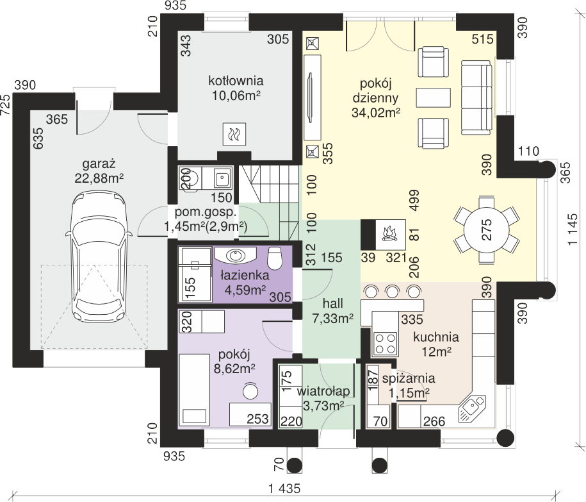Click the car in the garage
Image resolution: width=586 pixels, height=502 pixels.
coord(99,259)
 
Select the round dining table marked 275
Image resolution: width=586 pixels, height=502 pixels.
coord(487,229)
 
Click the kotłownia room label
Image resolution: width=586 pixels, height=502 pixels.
coord(236,80)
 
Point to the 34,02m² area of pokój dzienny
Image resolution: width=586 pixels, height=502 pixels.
coord(375,112)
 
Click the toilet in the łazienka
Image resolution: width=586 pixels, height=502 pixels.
coord(275,258)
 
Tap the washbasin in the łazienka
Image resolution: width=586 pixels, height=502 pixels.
coord(236,255)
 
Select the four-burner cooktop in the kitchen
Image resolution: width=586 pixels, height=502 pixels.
coord(386,343)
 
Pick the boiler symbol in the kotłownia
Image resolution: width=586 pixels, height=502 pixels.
coord(234,134)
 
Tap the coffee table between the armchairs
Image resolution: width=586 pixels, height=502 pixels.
coord(433,97)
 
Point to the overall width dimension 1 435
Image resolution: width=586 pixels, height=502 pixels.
coord(284,489)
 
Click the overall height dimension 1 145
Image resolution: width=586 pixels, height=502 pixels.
coord(574,230)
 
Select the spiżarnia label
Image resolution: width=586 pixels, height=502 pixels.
coord(409,378)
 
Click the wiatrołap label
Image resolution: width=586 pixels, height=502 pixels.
coord(323,391)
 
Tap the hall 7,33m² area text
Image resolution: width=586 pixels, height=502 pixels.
coord(332,319)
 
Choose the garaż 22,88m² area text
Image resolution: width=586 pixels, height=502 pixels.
coord(99,178)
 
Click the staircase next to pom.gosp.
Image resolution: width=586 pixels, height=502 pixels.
coord(270,203)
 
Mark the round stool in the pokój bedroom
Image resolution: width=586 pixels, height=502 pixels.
coord(250,392)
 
